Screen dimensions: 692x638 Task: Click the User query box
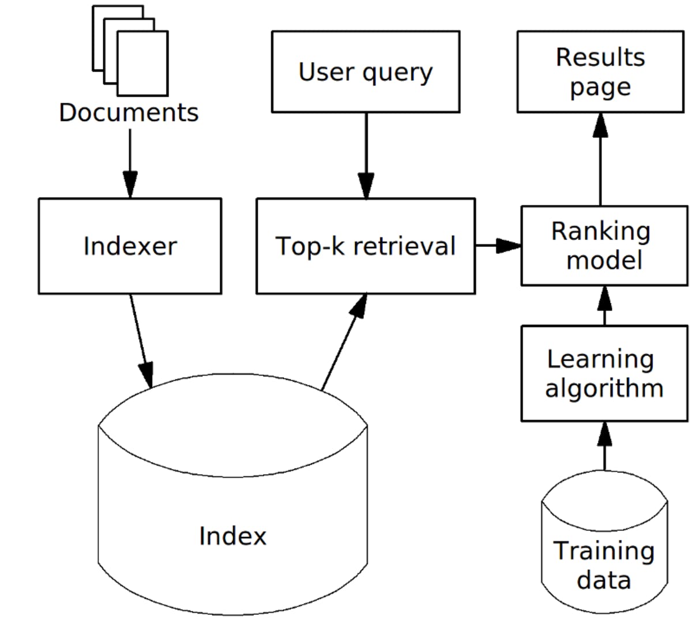pos(366,72)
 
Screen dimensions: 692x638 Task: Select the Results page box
pos(600,72)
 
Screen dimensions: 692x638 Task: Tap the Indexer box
pos(130,246)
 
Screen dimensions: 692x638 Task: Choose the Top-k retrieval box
pos(366,246)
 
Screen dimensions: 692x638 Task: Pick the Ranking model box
pos(604,246)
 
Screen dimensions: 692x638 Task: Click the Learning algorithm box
pos(604,374)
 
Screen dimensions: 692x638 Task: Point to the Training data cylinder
pos(604,542)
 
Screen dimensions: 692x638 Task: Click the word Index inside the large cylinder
pos(233,536)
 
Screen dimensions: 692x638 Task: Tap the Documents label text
pos(129,113)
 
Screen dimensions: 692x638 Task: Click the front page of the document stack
pos(143,63)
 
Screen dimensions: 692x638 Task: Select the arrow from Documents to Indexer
pos(130,164)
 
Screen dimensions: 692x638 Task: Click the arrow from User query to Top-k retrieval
pos(366,156)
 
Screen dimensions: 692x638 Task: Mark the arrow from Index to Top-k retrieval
pos(344,342)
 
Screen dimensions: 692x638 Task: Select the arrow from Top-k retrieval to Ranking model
pos(498,246)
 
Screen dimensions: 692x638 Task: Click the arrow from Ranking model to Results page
pos(600,159)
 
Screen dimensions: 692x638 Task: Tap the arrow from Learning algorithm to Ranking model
pos(604,306)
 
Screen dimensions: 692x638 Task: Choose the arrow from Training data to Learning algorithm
pos(604,446)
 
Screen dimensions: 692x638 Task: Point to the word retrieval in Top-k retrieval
pos(405,246)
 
